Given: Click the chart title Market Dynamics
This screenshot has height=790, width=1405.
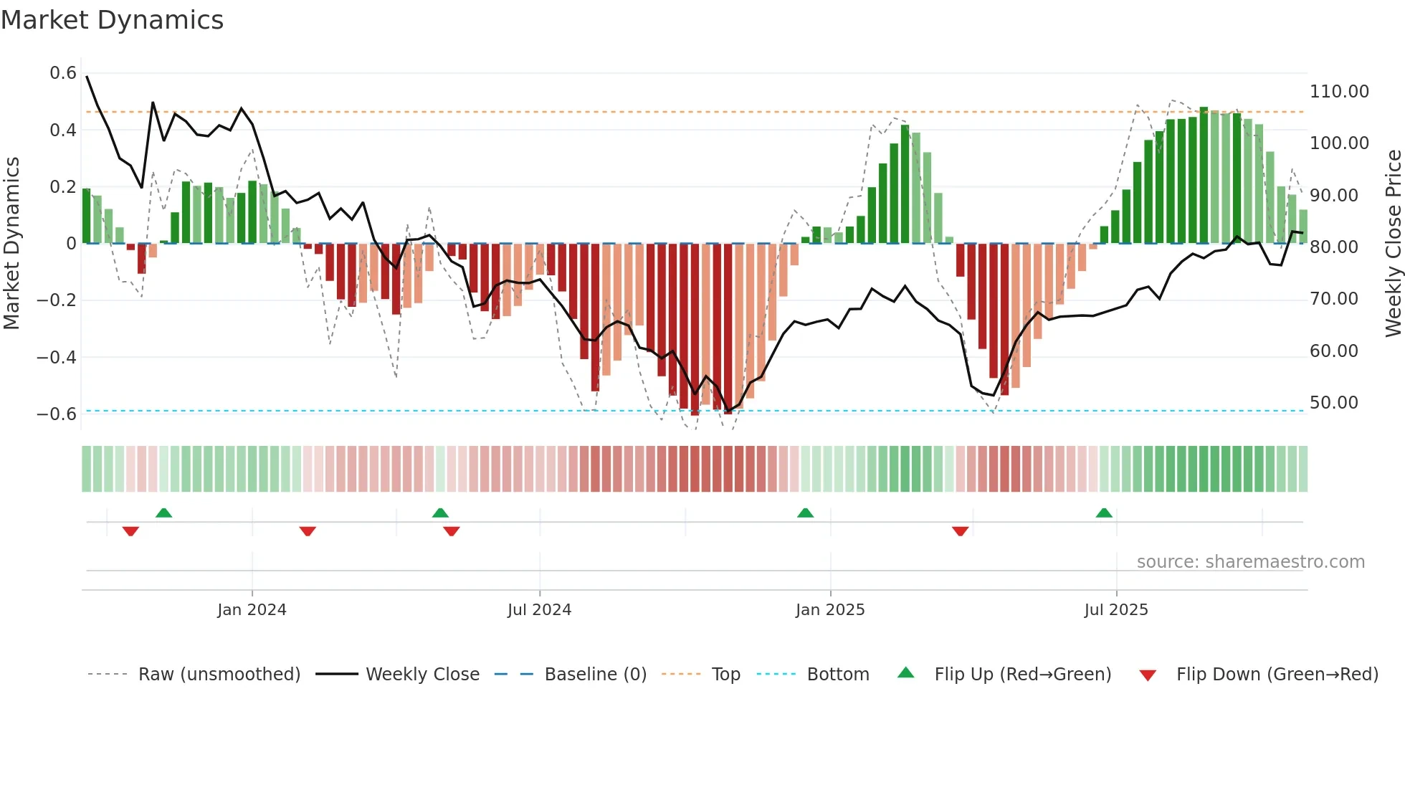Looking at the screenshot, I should click(112, 20).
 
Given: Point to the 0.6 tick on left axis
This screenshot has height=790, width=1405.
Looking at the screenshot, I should click(63, 73).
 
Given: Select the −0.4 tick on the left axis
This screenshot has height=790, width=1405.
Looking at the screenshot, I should click(57, 357).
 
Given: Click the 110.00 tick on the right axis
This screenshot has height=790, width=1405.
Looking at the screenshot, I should click(1339, 92).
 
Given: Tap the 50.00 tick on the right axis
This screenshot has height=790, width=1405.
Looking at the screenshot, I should click(1333, 403).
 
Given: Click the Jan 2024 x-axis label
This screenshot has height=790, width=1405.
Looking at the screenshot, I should click(252, 610).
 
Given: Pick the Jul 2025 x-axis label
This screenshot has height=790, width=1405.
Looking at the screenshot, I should click(1115, 610).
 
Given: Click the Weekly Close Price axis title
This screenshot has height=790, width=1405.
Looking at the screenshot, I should click(1393, 244).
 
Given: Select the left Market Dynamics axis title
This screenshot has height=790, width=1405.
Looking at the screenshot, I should click(11, 244).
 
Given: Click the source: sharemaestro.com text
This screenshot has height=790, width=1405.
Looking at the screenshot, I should click(1250, 562).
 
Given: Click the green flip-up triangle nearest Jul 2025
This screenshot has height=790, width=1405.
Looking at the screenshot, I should click(1104, 513).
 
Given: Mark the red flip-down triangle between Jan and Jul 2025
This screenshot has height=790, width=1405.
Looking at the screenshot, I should click(961, 530).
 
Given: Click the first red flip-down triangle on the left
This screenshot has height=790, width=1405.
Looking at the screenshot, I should click(130, 530).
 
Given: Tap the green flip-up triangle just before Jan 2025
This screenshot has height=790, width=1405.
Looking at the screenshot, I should click(805, 513).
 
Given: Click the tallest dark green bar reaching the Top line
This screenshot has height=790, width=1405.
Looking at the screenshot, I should click(1204, 176).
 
